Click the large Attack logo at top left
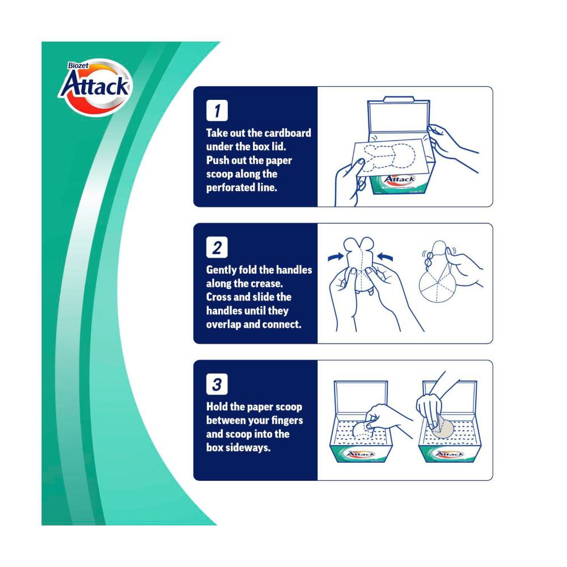click(x=95, y=87)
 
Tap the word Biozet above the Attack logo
click(x=78, y=65)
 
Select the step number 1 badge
click(x=217, y=111)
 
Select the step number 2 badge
click(x=217, y=247)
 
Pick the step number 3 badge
click(x=217, y=384)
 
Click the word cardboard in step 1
click(x=287, y=133)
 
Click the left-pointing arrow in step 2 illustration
click(x=385, y=257)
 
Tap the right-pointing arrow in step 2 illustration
click(x=336, y=257)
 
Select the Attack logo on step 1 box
click(x=399, y=179)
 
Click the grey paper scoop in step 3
click(x=442, y=428)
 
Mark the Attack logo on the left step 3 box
click(x=361, y=454)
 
